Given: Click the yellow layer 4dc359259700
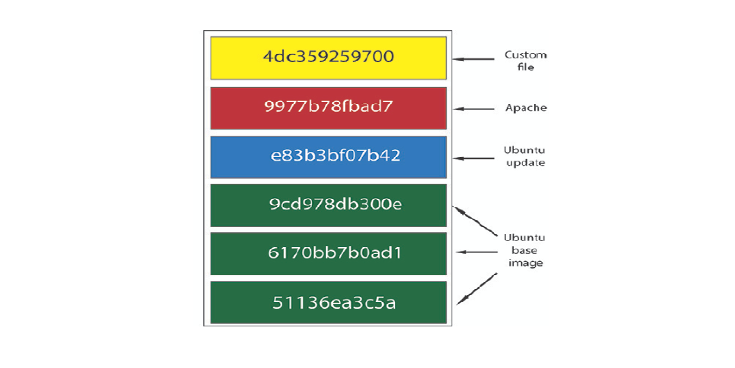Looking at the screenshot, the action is click(x=329, y=58).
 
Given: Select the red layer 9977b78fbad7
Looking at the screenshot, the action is click(x=329, y=108).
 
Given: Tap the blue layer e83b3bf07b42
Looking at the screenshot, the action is click(x=329, y=157).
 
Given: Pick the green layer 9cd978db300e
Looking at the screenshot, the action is click(x=329, y=205).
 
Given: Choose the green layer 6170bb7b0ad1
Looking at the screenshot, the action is click(x=329, y=254).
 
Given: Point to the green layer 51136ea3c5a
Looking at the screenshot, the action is click(x=329, y=302).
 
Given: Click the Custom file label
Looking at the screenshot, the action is click(x=526, y=61).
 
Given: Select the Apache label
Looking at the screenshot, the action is click(x=526, y=108).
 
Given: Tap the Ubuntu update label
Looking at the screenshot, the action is click(x=525, y=156).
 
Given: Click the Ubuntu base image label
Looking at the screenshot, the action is click(x=525, y=250).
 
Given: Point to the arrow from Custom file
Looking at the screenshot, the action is click(x=474, y=59).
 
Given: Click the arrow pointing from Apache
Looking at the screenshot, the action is click(x=474, y=109).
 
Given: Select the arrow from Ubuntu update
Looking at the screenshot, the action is click(x=474, y=158).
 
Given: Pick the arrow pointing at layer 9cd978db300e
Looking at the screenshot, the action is click(x=475, y=221).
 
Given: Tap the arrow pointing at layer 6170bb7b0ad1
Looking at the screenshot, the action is click(x=477, y=252).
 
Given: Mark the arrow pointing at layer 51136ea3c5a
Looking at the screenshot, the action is click(x=477, y=289).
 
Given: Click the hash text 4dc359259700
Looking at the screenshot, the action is click(x=329, y=56).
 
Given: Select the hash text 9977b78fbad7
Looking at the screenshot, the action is click(x=329, y=106).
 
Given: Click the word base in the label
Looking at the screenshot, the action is click(x=524, y=250).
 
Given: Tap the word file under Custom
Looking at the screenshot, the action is click(x=526, y=67).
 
